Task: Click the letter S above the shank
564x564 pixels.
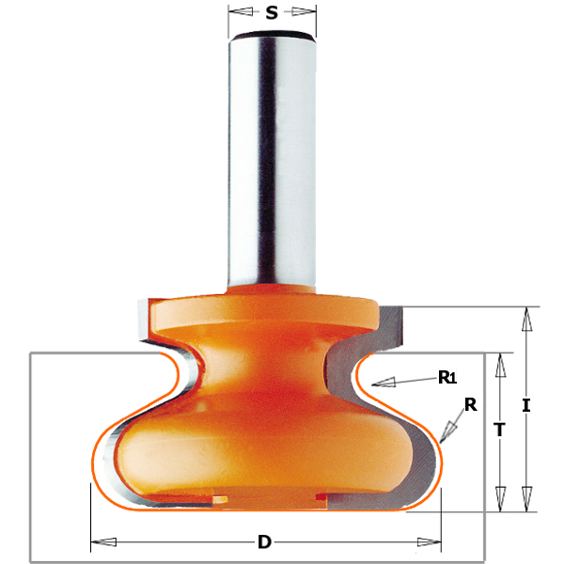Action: [272, 12]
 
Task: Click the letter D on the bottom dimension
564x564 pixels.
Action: [264, 541]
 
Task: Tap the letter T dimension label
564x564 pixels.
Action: [499, 430]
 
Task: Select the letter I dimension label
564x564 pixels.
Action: [526, 406]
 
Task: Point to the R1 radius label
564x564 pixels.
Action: [447, 377]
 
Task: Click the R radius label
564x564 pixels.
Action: [471, 404]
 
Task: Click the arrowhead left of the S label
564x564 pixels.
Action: [241, 12]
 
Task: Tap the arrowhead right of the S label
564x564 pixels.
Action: [304, 12]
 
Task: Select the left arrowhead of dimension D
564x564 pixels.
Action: [103, 541]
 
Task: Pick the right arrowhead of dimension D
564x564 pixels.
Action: [429, 541]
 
